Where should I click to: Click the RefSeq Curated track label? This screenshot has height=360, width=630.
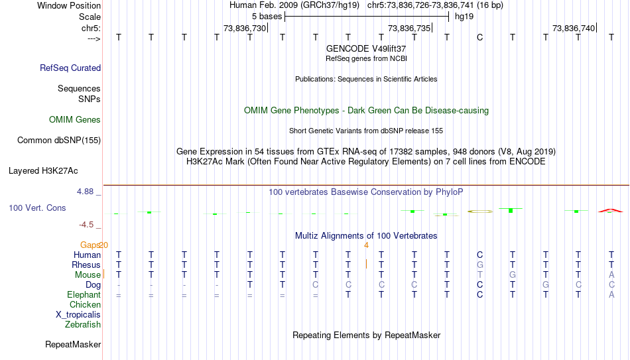[70, 68]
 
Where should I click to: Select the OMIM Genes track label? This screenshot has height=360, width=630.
[75, 120]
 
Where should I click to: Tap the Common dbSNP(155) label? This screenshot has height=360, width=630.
[59, 141]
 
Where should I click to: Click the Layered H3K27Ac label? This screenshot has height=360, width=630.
[43, 171]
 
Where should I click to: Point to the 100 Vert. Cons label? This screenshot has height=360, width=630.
[37, 208]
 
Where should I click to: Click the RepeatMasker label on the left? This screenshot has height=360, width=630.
[73, 344]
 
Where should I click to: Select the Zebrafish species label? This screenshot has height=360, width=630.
[83, 324]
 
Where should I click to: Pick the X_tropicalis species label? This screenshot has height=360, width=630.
[78, 315]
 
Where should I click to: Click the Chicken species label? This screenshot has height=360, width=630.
[85, 304]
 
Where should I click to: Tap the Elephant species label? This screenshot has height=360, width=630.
[84, 295]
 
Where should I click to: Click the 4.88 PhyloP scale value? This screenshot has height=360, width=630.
[85, 192]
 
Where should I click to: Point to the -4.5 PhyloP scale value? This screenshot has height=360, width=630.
[86, 225]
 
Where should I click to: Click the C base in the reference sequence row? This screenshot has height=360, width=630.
[479, 37]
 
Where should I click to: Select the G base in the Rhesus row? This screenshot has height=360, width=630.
[479, 265]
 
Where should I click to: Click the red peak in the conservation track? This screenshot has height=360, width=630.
[611, 210]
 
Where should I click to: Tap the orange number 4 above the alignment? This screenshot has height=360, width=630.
[366, 245]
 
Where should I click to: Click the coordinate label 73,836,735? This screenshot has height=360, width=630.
[409, 28]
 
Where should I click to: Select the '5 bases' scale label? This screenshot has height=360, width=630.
[267, 17]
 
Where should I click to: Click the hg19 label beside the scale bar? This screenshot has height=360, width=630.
[464, 17]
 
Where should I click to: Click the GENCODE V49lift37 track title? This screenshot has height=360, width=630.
[366, 48]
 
